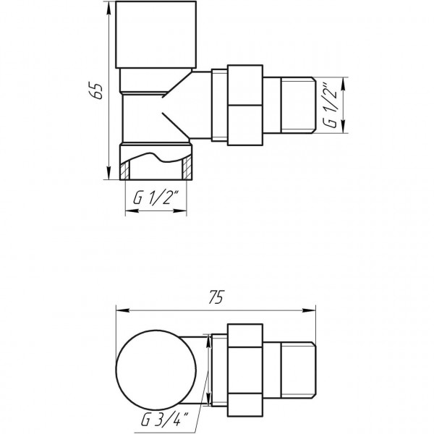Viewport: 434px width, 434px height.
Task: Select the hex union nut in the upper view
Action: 245,104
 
